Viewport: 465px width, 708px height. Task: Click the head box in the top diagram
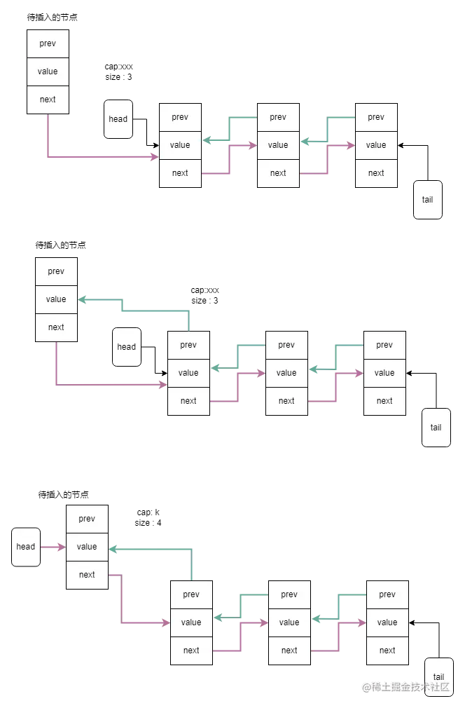pos(118,118)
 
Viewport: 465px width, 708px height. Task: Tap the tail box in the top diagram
pos(427,199)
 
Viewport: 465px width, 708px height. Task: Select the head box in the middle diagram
pos(127,346)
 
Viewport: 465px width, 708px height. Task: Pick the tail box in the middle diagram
pos(436,427)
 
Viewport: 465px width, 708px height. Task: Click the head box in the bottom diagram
pos(26,547)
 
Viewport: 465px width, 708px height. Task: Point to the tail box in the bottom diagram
pos(438,676)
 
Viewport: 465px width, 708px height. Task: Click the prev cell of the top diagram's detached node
pos(48,43)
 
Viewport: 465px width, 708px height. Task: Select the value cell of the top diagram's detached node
pos(48,72)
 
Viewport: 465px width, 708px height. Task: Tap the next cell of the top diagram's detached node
pos(48,100)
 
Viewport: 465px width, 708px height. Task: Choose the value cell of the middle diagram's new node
pos(56,299)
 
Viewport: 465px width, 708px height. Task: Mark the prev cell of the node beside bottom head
pos(87,519)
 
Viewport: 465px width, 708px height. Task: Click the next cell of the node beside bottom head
pos(87,575)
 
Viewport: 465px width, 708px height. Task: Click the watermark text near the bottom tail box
pos(405,686)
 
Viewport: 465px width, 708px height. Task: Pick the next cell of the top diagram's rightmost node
pos(376,173)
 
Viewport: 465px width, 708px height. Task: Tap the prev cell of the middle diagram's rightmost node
pos(384,345)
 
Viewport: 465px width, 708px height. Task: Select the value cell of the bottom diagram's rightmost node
pos(387,622)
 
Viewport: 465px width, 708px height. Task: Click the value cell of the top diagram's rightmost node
pos(376,145)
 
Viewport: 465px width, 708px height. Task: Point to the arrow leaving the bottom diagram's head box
pos(53,547)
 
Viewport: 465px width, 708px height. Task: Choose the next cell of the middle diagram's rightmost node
pos(384,401)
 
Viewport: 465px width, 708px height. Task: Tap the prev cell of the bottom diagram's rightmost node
pos(387,594)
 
